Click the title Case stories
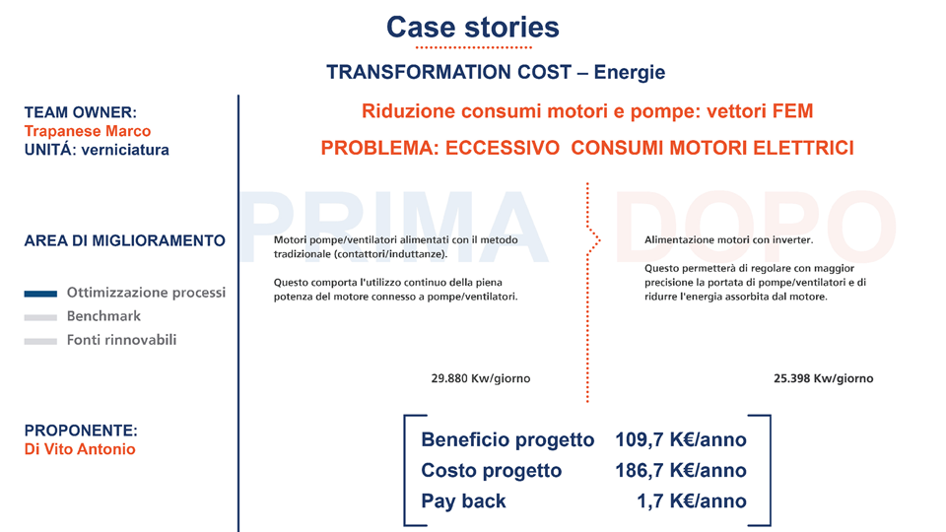point(472,27)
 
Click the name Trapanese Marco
point(88,131)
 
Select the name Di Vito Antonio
point(80,449)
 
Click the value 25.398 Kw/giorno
point(824,378)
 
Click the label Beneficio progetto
point(507,439)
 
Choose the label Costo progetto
point(491,470)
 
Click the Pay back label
point(463,500)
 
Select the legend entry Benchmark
point(103,316)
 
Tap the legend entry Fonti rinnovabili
point(122,340)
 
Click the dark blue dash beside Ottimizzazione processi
point(40,294)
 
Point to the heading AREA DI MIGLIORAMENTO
point(124,240)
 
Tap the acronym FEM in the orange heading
point(791,111)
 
